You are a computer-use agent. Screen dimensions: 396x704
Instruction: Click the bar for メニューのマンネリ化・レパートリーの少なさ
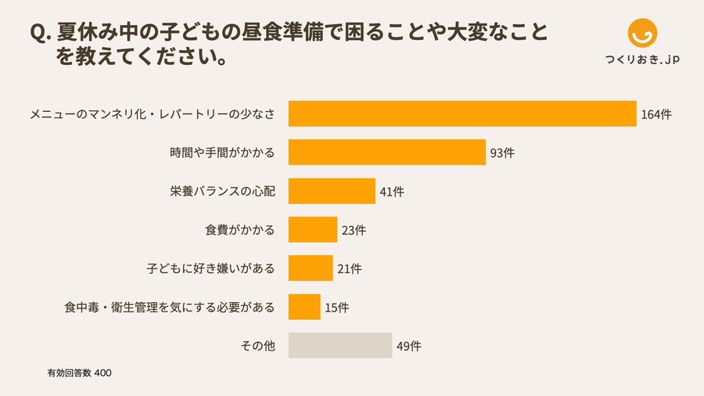click(x=462, y=113)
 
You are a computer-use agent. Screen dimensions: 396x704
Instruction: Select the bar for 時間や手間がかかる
click(x=387, y=152)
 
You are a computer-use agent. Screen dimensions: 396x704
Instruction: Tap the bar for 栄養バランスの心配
click(x=332, y=191)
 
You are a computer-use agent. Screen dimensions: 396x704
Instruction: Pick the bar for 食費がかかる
click(x=313, y=229)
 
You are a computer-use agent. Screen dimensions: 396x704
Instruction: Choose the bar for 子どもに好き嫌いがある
click(x=311, y=268)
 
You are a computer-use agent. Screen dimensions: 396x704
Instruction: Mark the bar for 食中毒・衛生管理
click(x=304, y=307)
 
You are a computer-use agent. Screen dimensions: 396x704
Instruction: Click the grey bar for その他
click(x=339, y=345)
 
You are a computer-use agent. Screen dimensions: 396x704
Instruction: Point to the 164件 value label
click(x=656, y=114)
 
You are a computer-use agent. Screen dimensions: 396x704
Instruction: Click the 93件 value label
click(x=501, y=153)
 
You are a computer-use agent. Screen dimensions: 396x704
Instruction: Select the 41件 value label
click(x=392, y=192)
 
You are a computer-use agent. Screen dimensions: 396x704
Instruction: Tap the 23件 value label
click(x=354, y=230)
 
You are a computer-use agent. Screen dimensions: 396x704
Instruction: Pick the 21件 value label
click(x=349, y=268)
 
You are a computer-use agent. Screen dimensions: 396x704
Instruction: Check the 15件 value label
click(x=336, y=308)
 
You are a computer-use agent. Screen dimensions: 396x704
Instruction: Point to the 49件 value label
click(x=409, y=346)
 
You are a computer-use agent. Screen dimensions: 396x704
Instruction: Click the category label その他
click(x=259, y=346)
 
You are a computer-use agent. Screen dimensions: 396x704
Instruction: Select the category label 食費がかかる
click(x=240, y=230)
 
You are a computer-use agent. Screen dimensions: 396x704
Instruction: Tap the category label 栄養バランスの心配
click(x=222, y=192)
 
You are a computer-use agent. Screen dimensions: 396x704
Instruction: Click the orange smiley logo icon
click(x=643, y=33)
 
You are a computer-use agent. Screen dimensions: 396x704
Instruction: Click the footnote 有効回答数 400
click(x=80, y=373)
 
